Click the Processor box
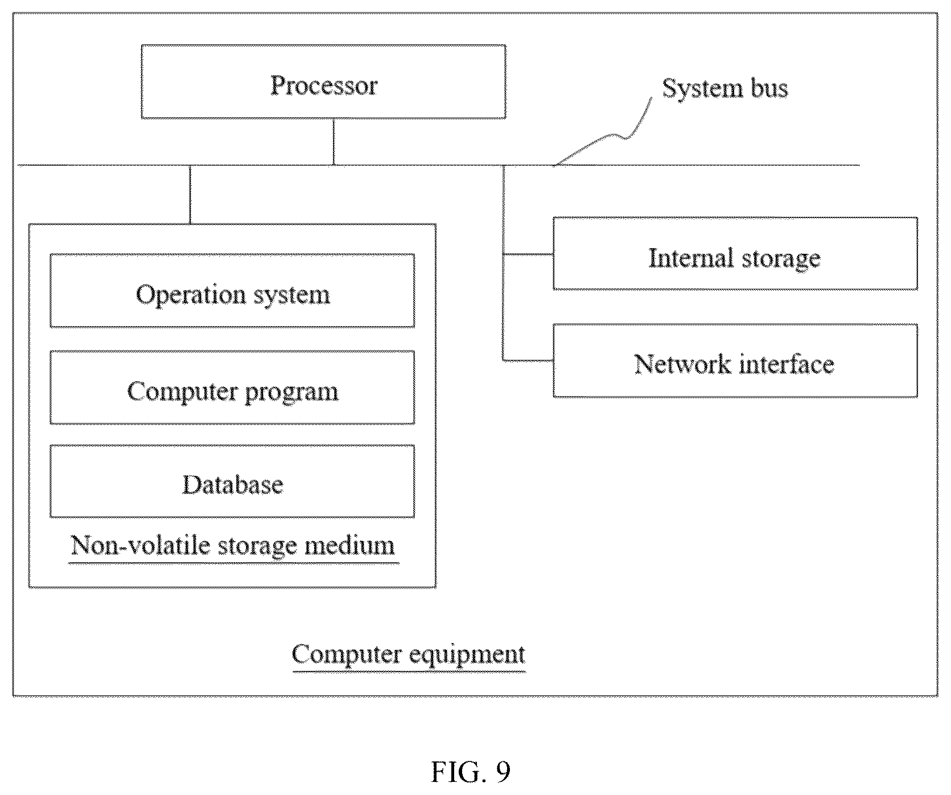(323, 82)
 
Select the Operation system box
(232, 291)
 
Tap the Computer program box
(232, 388)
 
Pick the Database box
(232, 481)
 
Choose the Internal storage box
(735, 254)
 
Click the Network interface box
(735, 361)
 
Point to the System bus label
(725, 89)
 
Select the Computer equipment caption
(409, 654)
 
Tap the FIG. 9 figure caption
(471, 772)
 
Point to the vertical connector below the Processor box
(334, 142)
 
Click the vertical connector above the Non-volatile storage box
(190, 195)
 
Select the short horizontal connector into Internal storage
(528, 254)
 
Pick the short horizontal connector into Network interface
(528, 360)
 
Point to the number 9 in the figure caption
(503, 772)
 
